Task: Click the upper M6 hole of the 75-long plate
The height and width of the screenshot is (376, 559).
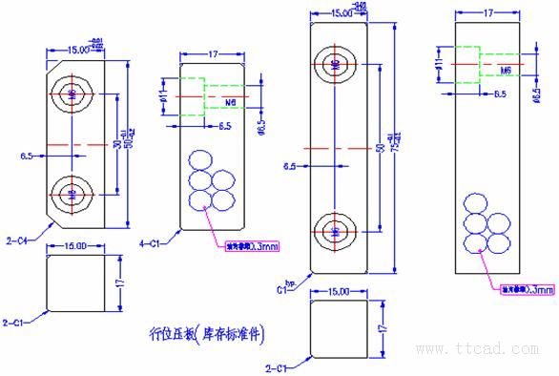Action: click(x=335, y=65)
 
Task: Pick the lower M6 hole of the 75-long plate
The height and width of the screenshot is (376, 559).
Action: click(x=335, y=230)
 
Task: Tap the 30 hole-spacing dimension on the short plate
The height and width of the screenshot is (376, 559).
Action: click(x=116, y=143)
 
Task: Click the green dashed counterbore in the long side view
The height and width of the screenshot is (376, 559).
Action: click(x=467, y=60)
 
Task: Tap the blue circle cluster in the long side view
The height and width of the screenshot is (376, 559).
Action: click(x=484, y=225)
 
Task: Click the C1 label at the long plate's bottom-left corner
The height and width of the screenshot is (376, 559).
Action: click(x=282, y=285)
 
